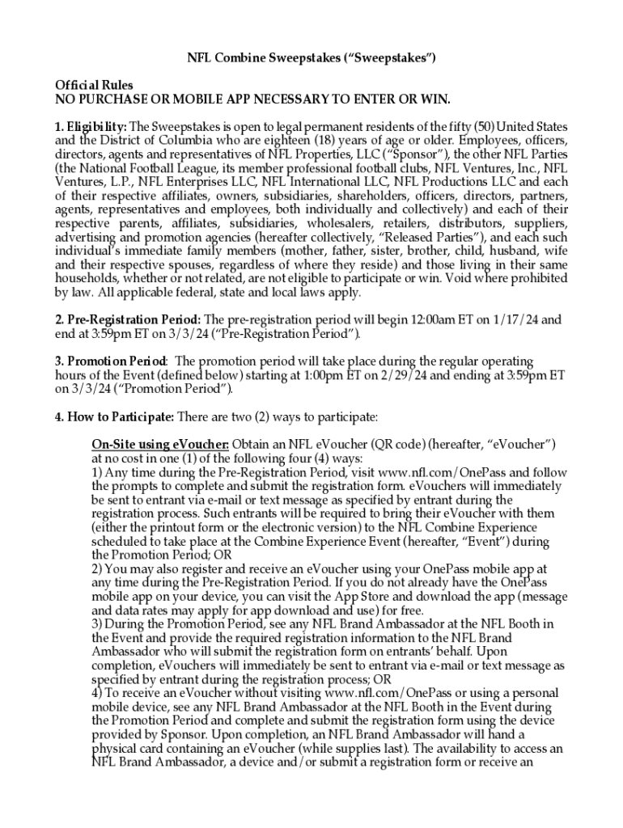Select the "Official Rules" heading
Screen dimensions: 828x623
click(94, 85)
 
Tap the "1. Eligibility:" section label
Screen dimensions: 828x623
click(91, 127)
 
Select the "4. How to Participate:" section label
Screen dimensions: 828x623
click(113, 417)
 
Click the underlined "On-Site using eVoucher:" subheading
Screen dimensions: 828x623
click(160, 445)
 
